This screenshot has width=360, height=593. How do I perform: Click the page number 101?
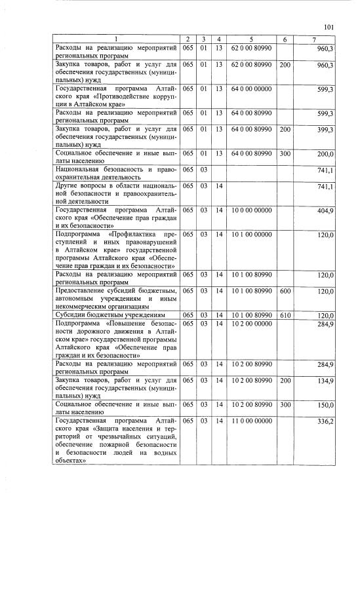[329, 26]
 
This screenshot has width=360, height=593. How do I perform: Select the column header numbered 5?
[251, 39]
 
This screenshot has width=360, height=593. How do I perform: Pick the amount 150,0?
[326, 405]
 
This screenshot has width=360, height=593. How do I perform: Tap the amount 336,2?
[325, 421]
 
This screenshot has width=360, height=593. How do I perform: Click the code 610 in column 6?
[285, 315]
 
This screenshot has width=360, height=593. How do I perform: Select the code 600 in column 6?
[285, 291]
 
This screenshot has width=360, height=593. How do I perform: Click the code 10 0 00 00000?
[251, 211]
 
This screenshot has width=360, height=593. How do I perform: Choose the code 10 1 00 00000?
[251, 235]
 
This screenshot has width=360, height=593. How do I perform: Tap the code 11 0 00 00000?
[251, 421]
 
